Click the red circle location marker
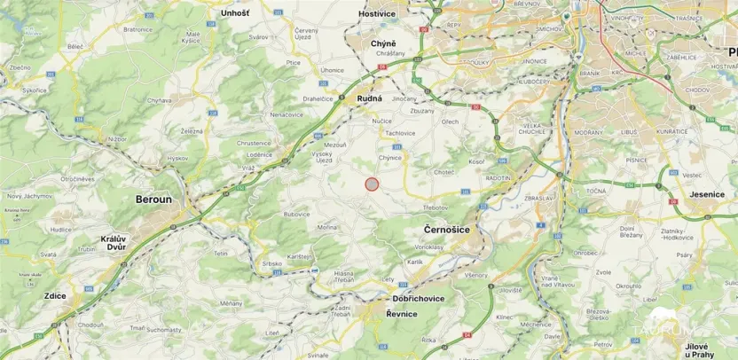point(373,184)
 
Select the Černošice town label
point(441,229)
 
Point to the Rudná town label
point(369,99)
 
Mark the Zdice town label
point(54,294)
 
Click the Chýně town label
point(384,43)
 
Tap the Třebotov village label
point(435,207)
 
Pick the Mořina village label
point(327,228)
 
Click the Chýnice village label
point(390,158)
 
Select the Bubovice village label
point(295,215)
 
